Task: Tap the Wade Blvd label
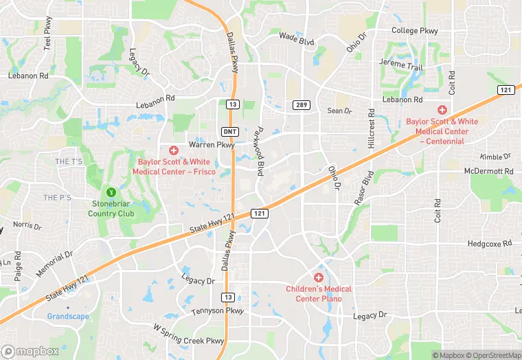pyautogui.click(x=297, y=38)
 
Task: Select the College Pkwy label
pyautogui.click(x=414, y=31)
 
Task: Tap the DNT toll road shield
pyautogui.click(x=231, y=131)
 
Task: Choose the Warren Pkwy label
pyautogui.click(x=212, y=146)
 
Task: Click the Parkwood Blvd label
pyautogui.click(x=259, y=150)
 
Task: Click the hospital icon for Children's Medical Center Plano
pyautogui.click(x=319, y=277)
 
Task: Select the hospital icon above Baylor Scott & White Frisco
pyautogui.click(x=173, y=150)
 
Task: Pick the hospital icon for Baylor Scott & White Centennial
pyautogui.click(x=442, y=110)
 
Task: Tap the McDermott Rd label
pyautogui.click(x=488, y=171)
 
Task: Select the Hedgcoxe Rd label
pyautogui.click(x=489, y=243)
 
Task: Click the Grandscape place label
pyautogui.click(x=69, y=317)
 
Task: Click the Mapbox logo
pyautogui.click(x=30, y=351)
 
